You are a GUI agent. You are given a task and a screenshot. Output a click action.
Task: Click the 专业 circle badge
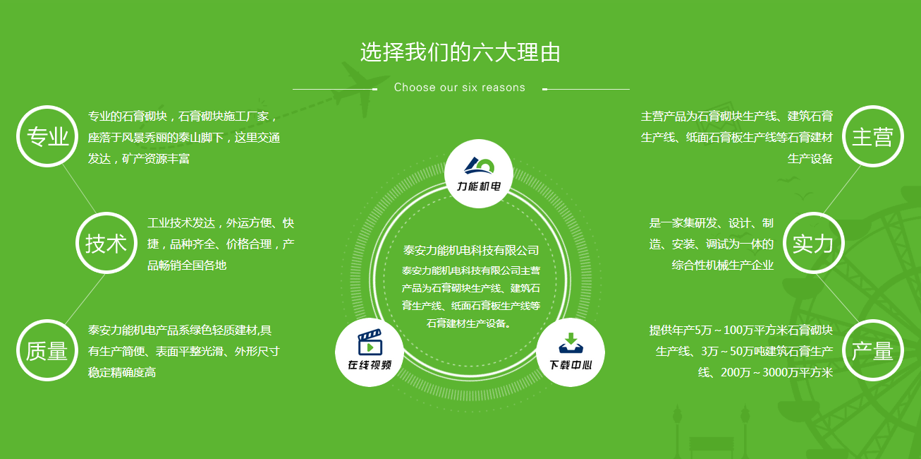coord(47,136)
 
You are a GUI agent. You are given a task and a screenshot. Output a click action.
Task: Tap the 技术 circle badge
coord(106,243)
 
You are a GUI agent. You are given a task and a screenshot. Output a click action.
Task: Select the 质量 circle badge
coord(47,350)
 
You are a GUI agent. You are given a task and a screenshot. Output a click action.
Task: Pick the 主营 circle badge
coord(873,136)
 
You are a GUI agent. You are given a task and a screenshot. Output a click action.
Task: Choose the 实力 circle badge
coord(814,243)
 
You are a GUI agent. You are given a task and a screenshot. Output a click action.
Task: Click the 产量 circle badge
coord(873,350)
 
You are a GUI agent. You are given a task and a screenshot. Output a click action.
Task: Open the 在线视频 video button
coord(370,352)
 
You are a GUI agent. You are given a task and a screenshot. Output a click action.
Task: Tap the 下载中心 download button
coord(571,352)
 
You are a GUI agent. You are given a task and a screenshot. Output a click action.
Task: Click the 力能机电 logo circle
coord(479,174)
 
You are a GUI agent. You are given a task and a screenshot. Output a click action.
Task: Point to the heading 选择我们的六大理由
coord(460,52)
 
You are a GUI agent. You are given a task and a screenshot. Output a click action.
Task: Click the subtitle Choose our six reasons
coord(460,88)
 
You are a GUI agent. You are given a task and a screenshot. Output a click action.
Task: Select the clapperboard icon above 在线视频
coord(370,342)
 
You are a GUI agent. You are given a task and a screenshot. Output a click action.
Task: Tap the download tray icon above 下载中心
coord(571,343)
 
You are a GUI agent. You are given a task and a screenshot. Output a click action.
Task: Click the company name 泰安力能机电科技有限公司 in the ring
coord(471,250)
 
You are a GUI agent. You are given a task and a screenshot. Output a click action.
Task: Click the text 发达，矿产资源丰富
coord(138,158)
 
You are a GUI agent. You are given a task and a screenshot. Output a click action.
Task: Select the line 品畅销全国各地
coord(187,265)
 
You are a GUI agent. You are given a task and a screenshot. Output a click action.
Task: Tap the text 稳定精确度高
coord(122,373)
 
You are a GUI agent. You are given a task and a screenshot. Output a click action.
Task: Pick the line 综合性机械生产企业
coord(722,265)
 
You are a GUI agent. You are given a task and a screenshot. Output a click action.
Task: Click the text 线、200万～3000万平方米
coord(765,373)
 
